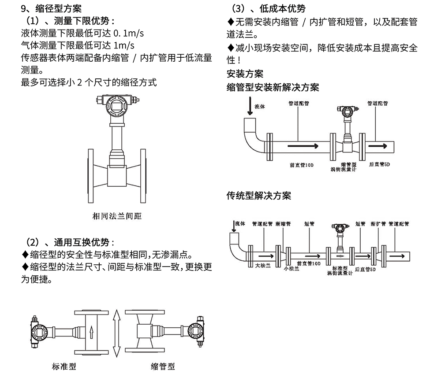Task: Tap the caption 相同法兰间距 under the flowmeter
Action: point(117,216)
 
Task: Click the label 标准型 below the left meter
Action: point(64,366)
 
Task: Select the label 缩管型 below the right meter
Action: point(163,366)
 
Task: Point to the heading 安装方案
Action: point(245,74)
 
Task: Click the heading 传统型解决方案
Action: point(259,195)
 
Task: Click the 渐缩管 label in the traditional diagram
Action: point(283,224)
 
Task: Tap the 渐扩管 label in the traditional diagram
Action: point(378,224)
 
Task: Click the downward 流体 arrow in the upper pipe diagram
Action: point(250,105)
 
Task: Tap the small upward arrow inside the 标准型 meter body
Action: point(91,331)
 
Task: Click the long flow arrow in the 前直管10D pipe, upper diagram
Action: point(302,146)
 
